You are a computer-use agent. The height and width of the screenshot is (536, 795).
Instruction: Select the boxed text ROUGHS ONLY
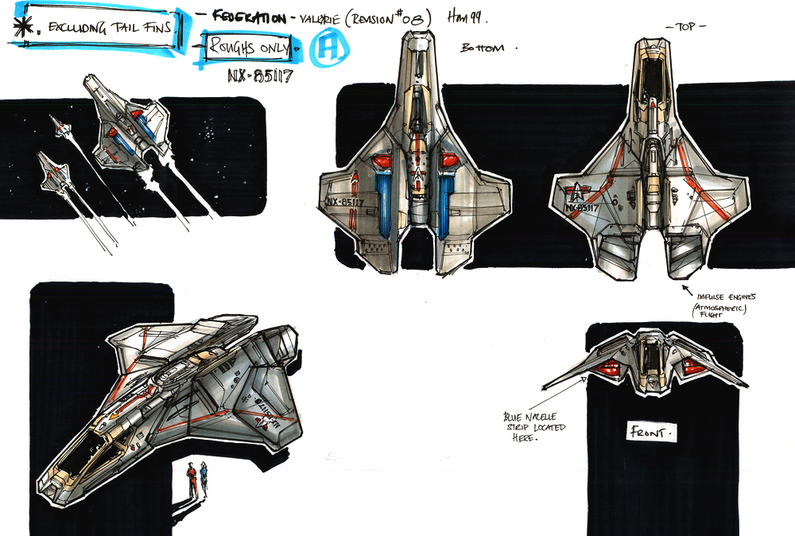pyautogui.click(x=250, y=48)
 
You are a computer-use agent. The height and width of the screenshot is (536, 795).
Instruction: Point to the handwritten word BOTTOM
pyautogui.click(x=483, y=49)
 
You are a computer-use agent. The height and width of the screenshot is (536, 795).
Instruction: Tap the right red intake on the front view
pyautogui.click(x=691, y=367)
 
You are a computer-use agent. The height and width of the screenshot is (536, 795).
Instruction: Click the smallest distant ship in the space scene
pyautogui.click(x=57, y=125)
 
